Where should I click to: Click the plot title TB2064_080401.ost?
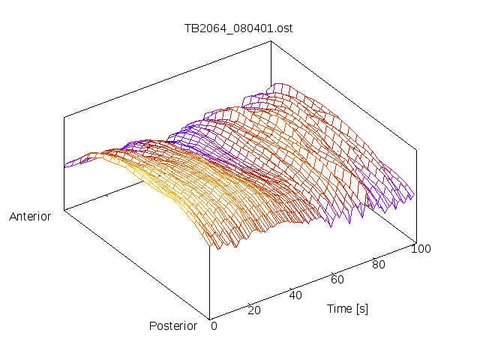(238, 28)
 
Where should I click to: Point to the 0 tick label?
(214, 326)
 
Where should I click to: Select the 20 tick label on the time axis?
(254, 310)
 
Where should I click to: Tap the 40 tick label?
(295, 295)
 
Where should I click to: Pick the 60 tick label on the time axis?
(337, 280)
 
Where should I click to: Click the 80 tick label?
(378, 265)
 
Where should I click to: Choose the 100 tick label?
(421, 248)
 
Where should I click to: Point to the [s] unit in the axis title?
(362, 309)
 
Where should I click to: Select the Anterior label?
(30, 217)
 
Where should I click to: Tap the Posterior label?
(173, 326)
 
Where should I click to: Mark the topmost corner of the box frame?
(271, 40)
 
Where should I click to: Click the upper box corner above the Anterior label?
(64, 117)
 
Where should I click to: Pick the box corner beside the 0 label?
(210, 320)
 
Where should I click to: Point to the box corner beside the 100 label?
(416, 243)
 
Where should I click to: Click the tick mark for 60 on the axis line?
(333, 273)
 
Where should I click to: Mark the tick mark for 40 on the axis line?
(292, 289)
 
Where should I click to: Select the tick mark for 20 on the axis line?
(250, 304)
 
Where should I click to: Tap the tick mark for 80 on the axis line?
(374, 258)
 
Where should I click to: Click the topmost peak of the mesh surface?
(279, 83)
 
